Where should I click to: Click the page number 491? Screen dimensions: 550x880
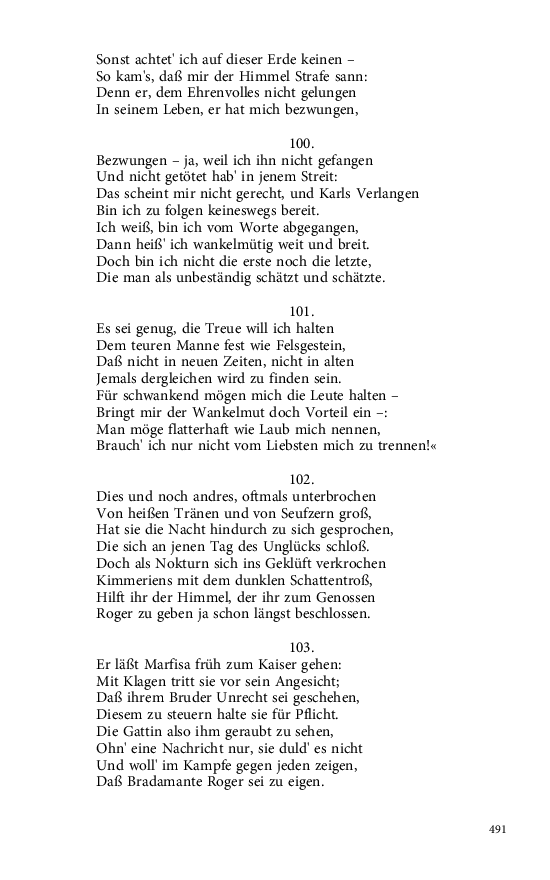point(500,830)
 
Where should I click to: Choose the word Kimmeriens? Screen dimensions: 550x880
point(135,580)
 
